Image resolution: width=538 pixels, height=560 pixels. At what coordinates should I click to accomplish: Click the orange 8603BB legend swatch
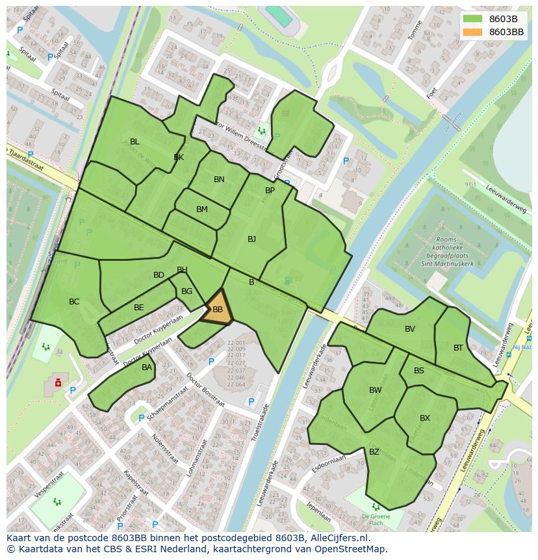point(473,32)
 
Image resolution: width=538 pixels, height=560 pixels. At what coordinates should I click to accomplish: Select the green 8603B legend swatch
point(473,19)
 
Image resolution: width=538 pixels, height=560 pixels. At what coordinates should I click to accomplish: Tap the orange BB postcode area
point(218,310)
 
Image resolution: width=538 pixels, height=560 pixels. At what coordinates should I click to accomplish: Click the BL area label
point(134,142)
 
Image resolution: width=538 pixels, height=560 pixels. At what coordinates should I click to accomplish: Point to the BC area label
point(74,302)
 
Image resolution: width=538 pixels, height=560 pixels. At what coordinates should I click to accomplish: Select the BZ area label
point(374,452)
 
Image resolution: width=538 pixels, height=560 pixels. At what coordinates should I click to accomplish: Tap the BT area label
point(458,348)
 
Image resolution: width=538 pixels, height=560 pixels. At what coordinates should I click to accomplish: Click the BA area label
point(147,367)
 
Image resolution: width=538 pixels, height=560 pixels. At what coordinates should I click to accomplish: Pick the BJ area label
point(251,239)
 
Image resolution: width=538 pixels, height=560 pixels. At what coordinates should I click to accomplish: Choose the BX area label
point(425,418)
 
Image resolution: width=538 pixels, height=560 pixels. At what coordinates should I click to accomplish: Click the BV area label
point(409,329)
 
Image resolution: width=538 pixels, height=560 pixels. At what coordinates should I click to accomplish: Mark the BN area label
point(219,180)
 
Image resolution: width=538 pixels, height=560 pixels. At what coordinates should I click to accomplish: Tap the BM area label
point(202,209)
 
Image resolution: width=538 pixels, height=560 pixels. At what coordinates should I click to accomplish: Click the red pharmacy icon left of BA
point(58,382)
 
